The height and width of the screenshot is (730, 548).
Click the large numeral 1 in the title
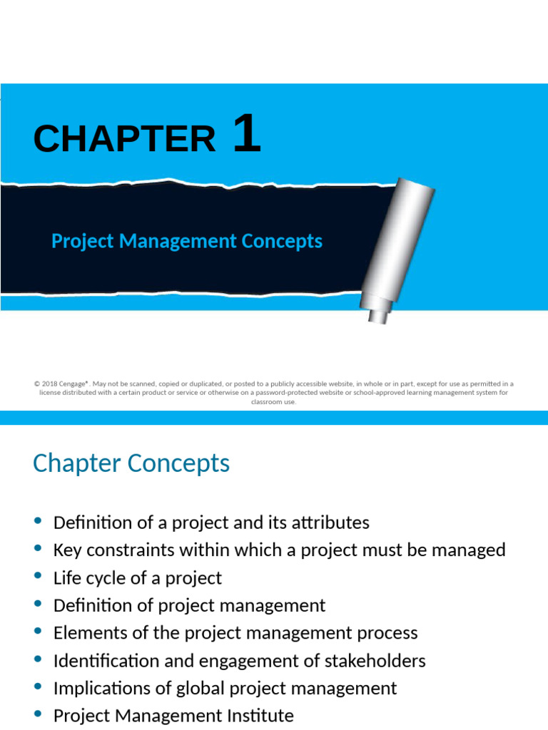247,135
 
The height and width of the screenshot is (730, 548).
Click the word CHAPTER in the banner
124,139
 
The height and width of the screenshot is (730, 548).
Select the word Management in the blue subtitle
177,241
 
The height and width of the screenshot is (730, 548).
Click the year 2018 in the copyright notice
49,384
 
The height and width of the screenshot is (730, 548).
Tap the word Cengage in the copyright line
73,384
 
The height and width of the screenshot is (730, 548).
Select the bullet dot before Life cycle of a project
39,576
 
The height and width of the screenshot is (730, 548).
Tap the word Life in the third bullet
66,577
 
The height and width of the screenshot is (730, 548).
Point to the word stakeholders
375,661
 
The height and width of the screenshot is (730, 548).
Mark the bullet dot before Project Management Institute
39,714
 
